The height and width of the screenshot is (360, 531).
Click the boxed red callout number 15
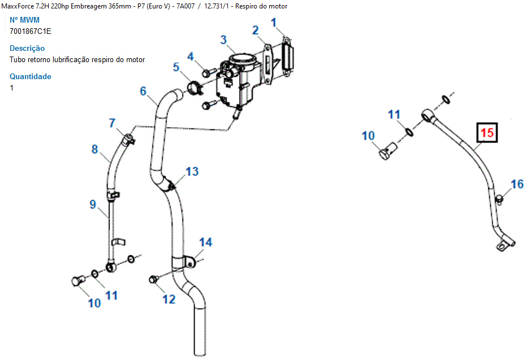point(487,133)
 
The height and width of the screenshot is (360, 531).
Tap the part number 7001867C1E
point(31,32)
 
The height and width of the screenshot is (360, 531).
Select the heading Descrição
point(27,49)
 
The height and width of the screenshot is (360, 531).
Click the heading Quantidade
point(31,76)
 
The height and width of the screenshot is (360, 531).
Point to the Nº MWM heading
point(24,20)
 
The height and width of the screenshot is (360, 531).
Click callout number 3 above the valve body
point(223,40)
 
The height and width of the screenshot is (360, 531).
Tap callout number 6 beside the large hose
point(143,91)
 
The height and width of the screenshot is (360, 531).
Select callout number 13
point(192,172)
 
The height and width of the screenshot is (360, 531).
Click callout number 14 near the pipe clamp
point(206,242)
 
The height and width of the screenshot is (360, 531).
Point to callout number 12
point(169,300)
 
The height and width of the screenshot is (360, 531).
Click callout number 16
point(517,184)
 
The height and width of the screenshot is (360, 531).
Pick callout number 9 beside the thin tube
point(93,205)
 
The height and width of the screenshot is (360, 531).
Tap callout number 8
point(95,149)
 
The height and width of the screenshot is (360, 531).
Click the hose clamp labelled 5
point(194,88)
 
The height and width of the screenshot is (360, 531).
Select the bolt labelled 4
point(208,72)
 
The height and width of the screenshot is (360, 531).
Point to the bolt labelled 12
point(154,280)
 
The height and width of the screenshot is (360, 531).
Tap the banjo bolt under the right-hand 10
point(388,151)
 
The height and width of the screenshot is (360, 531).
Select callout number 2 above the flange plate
point(256,31)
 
